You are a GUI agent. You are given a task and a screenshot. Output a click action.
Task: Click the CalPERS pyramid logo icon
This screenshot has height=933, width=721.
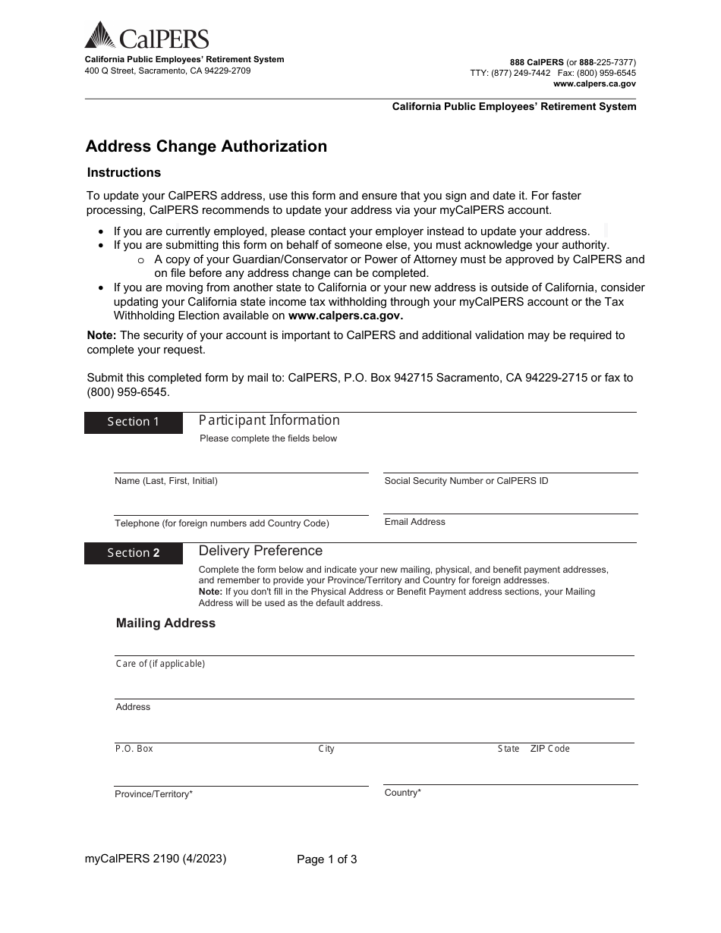pos(99,35)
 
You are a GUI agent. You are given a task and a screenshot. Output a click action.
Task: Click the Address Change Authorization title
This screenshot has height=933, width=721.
pos(206,146)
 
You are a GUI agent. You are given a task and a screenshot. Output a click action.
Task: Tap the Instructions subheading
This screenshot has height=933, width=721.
pos(124,172)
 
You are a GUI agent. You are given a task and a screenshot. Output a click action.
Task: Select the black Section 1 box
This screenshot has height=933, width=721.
pos(134,422)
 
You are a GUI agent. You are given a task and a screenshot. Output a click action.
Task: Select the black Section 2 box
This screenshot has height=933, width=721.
pos(134,553)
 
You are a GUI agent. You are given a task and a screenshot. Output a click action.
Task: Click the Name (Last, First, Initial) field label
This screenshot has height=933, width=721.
pos(166,481)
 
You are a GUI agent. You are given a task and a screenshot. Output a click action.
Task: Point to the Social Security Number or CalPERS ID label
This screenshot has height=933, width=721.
pos(466,481)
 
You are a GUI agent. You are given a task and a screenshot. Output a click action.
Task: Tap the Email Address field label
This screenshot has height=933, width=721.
pos(414,522)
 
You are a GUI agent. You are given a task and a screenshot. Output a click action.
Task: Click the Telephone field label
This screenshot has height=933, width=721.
pos(222,523)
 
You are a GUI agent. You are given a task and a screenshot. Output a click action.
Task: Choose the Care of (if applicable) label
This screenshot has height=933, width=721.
pos(160,664)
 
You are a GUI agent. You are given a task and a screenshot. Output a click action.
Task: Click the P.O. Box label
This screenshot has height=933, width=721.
pos(134,749)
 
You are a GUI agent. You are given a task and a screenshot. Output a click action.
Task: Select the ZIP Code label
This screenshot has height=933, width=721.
pos(549,749)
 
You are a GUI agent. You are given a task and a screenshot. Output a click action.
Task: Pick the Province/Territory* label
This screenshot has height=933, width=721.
pos(153,794)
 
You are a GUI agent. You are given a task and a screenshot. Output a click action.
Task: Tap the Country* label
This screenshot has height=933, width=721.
pos(402,793)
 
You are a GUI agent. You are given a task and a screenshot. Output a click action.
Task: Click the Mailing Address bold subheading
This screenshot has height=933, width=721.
pos(165,623)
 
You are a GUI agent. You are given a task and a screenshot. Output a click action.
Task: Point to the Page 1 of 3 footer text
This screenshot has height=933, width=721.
pos(326,859)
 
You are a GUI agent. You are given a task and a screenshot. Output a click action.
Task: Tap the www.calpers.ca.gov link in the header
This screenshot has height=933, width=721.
pos(594,84)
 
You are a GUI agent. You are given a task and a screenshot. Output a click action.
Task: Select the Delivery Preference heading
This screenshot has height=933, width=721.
pos(260,551)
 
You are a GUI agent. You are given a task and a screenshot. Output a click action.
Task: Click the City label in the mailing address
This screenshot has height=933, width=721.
pos(326,749)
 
